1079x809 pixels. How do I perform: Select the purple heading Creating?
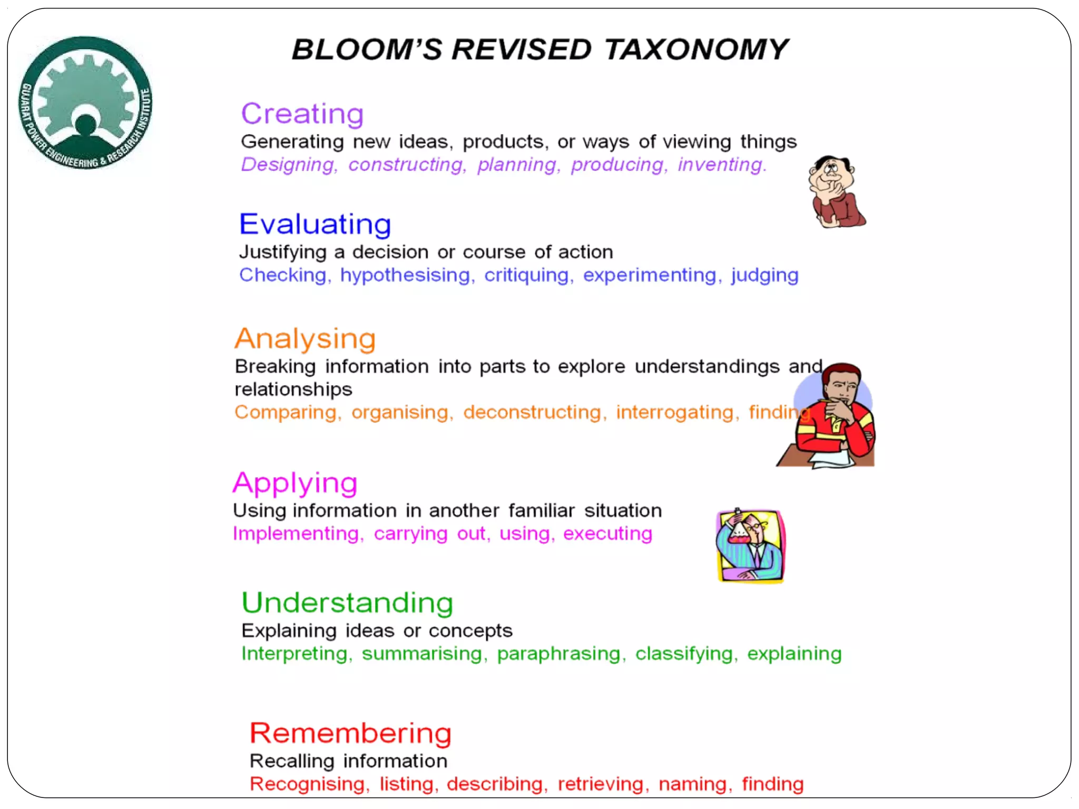[x=302, y=114]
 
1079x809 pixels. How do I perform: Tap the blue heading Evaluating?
[x=315, y=224]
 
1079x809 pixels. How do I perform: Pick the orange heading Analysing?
[x=305, y=339]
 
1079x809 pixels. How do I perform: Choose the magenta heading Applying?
[x=295, y=483]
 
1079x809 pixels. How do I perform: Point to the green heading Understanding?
[x=347, y=603]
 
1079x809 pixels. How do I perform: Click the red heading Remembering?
[x=350, y=733]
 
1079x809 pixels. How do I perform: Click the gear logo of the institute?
[x=86, y=103]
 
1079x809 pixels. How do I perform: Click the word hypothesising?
[x=405, y=275]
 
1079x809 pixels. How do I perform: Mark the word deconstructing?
[x=532, y=412]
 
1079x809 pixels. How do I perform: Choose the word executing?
[x=607, y=534]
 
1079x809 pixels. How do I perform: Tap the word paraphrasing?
[x=558, y=654]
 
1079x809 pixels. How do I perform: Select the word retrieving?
[x=601, y=784]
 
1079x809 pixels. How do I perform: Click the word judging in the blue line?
[x=764, y=275]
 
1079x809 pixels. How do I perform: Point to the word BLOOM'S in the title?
[x=367, y=50]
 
